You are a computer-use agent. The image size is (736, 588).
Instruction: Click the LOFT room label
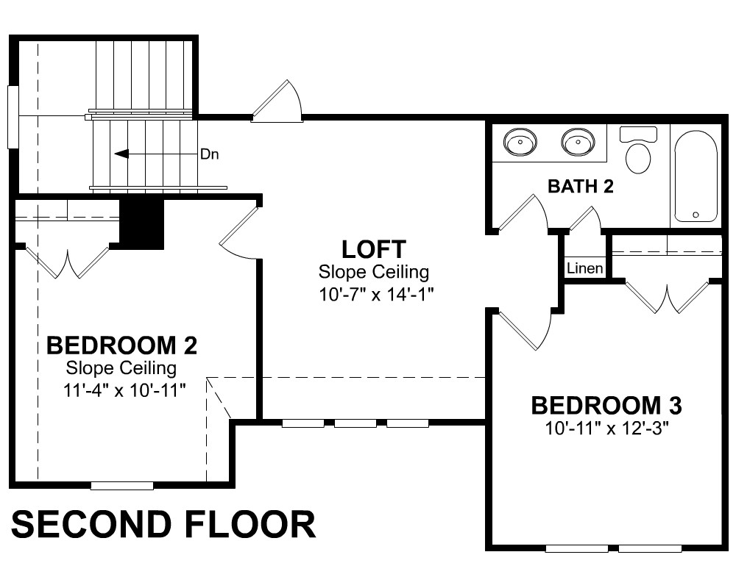(374, 249)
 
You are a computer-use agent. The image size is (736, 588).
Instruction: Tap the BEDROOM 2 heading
(121, 345)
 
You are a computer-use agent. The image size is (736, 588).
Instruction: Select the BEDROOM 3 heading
(606, 406)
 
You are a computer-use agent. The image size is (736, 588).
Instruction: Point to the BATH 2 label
(581, 186)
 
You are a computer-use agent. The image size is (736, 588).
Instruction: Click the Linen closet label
(585, 268)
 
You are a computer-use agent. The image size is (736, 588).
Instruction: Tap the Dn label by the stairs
(209, 154)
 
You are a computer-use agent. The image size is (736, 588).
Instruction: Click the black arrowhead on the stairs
(121, 154)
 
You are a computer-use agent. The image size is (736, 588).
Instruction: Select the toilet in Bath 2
(638, 150)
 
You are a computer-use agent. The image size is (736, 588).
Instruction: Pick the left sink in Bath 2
(520, 141)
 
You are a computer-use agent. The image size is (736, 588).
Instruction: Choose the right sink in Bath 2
(578, 141)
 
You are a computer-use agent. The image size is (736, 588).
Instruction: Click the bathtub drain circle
(696, 215)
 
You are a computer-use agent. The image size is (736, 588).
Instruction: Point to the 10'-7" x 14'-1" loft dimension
(375, 295)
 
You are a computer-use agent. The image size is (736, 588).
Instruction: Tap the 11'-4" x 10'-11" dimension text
(124, 390)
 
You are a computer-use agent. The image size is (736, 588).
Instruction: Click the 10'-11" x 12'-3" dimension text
(606, 428)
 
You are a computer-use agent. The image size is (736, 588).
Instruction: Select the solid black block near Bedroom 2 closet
(142, 224)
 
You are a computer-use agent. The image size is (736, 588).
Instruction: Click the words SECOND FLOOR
(163, 524)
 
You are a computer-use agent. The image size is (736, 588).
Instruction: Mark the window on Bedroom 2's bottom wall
(122, 486)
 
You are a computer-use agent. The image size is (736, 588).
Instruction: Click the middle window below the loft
(355, 423)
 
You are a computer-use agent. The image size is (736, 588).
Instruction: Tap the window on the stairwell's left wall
(13, 117)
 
